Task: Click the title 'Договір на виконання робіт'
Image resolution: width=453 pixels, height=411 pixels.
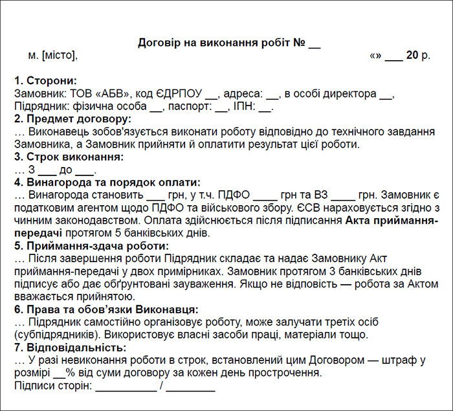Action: (214, 43)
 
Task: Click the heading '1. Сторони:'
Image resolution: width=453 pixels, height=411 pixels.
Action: (45, 81)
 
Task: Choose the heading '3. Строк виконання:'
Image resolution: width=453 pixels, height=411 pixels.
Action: (69, 157)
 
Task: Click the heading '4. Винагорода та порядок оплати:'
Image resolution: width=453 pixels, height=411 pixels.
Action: (107, 182)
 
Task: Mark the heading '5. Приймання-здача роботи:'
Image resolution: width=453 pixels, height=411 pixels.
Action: (91, 246)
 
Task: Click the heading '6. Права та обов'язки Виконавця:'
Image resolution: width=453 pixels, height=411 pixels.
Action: (106, 309)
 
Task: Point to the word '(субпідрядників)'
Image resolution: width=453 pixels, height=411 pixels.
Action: (52, 335)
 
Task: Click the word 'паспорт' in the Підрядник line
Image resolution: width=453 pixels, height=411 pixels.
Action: (190, 106)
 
